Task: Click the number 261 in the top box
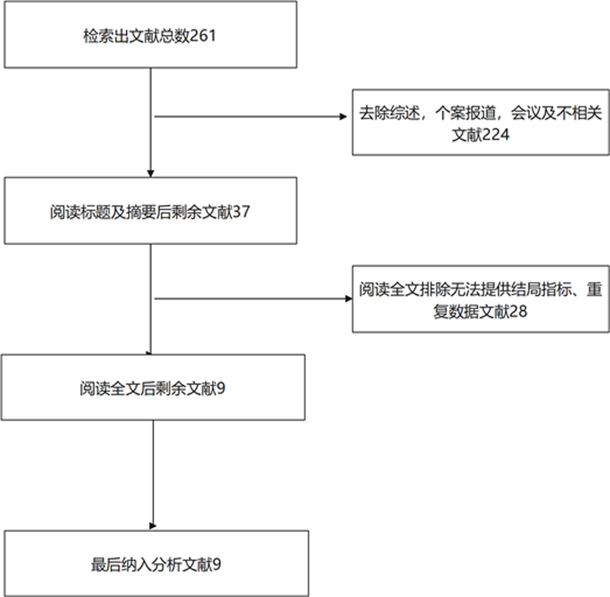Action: tap(203, 36)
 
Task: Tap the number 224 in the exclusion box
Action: tap(496, 135)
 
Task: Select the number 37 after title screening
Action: tap(241, 212)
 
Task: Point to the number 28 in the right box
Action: tap(519, 311)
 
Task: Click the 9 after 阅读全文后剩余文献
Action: tap(221, 388)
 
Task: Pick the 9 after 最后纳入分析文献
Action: tap(217, 565)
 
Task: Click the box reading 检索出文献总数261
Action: tap(150, 35)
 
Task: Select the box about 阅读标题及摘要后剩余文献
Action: tap(150, 211)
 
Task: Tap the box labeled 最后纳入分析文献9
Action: tap(156, 563)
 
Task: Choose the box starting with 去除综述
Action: tap(481, 122)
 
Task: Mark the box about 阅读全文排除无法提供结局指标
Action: tap(481, 299)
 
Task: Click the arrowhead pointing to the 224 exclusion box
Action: tap(343, 117)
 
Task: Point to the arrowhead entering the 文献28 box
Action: tap(349, 298)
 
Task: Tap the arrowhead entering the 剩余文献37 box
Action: tap(150, 173)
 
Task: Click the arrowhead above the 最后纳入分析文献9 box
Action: tap(153, 526)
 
